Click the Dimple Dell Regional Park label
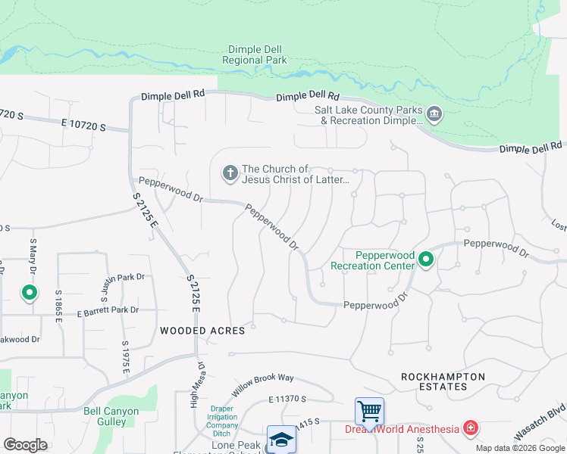(252, 54)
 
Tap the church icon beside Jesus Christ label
(230, 174)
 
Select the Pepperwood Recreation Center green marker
(426, 260)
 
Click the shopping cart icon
(369, 411)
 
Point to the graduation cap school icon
(280, 440)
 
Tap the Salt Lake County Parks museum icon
(434, 115)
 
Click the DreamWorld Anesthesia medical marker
(471, 429)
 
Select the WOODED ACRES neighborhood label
(202, 331)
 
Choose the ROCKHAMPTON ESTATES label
(443, 381)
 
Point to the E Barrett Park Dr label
(108, 310)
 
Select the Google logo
(25, 445)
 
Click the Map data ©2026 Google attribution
(519, 448)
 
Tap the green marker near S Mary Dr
(29, 292)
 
